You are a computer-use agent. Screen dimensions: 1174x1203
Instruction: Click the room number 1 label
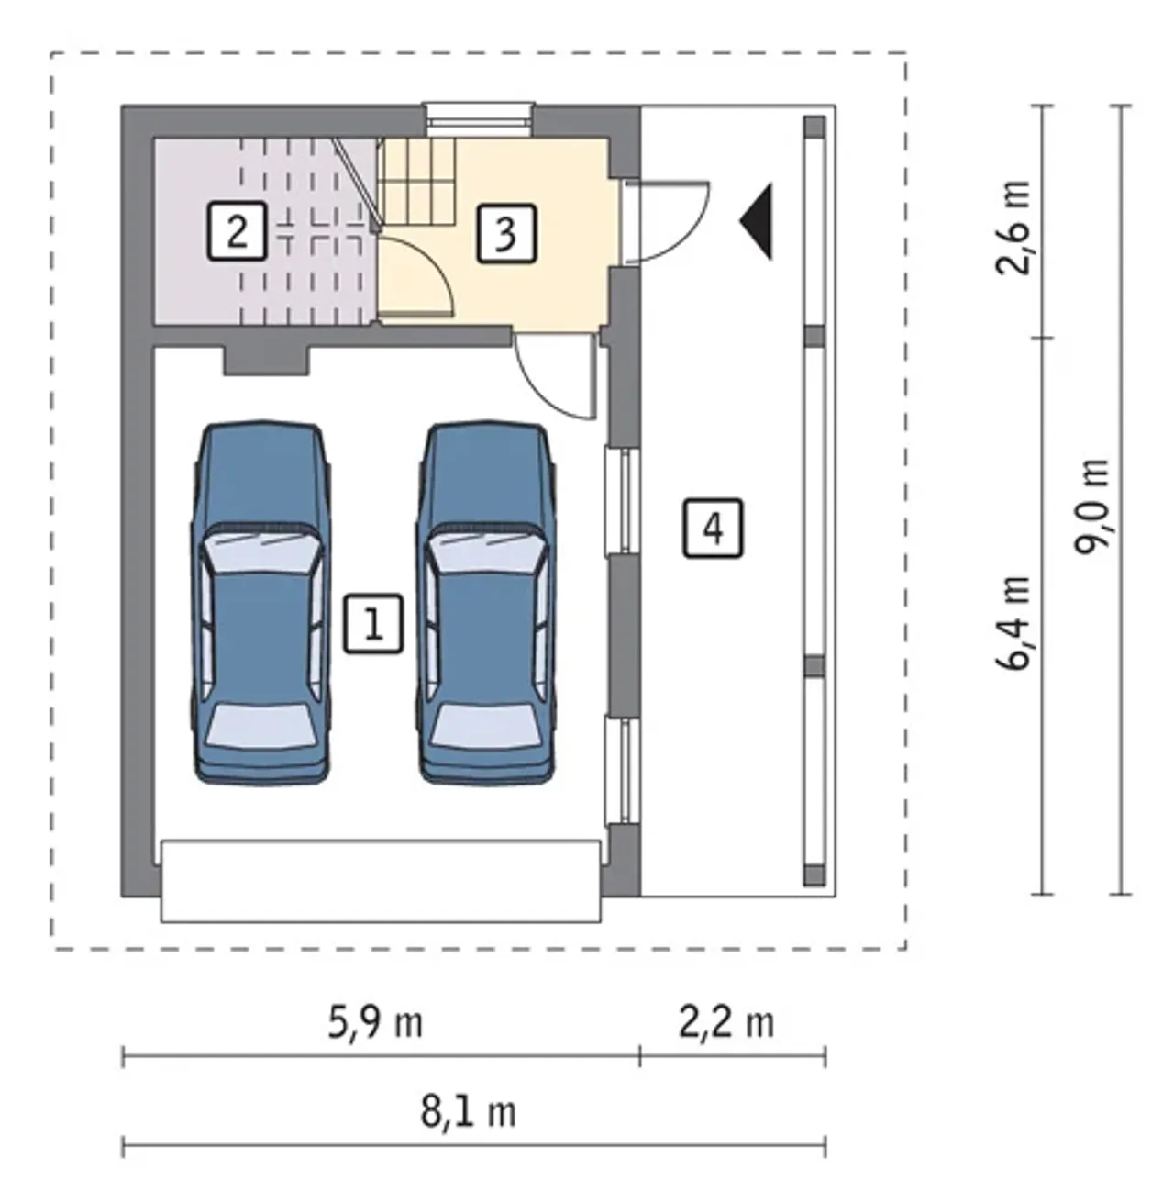373,624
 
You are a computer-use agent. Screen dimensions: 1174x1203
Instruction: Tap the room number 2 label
238,230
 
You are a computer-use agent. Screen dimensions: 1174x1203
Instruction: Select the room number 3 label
506,234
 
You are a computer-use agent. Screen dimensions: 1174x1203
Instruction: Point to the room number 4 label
713,529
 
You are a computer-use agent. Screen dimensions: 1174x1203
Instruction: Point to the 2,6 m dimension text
1013,228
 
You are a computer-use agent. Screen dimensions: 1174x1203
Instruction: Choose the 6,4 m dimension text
1013,623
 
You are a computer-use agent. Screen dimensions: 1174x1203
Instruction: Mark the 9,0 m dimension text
1091,507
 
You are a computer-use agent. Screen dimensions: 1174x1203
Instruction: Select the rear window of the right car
485,726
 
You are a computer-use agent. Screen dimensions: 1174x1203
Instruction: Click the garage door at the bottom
381,881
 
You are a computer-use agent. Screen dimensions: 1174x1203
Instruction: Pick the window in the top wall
480,118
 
